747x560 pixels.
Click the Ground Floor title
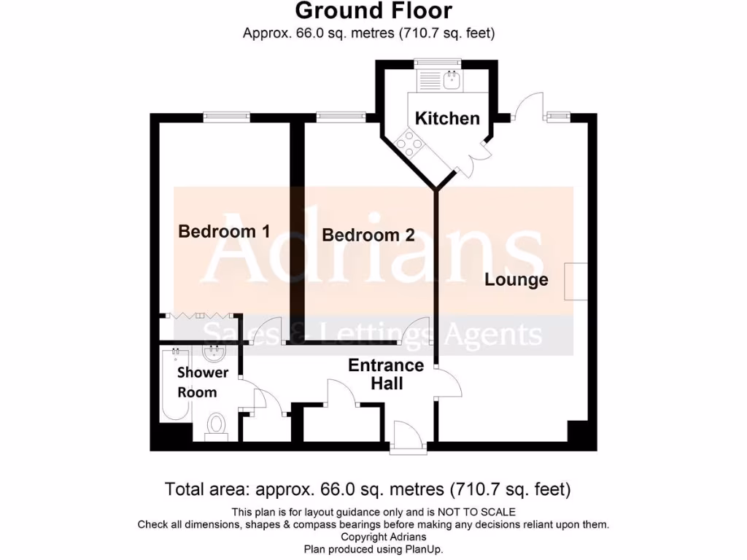point(373,11)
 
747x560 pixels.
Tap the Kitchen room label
point(447,118)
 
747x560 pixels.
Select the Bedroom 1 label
point(224,231)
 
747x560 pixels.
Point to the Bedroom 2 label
point(368,235)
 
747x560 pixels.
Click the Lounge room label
point(516,279)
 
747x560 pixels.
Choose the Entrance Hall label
point(386,373)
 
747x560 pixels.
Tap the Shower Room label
point(203,382)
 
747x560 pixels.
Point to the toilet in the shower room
point(216,425)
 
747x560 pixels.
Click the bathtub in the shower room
point(176,384)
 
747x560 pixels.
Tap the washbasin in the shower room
point(214,355)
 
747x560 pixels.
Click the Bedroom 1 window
point(226,116)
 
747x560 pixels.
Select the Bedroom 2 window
point(341,116)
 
